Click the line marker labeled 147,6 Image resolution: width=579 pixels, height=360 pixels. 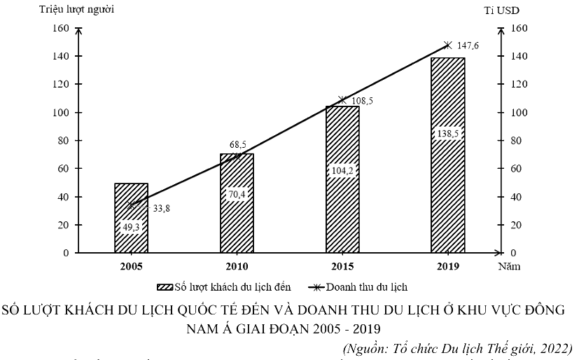coord(448,46)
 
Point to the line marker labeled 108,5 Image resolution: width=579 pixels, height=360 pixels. coord(342,100)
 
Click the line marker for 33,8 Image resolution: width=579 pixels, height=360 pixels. coord(132,205)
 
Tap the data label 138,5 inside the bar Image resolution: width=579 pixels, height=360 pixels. coord(447,133)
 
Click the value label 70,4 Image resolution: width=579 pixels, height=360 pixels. coord(236,194)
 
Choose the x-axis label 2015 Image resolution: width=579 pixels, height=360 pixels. coord(342,267)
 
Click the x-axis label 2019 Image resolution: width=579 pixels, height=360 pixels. coord(447,267)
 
